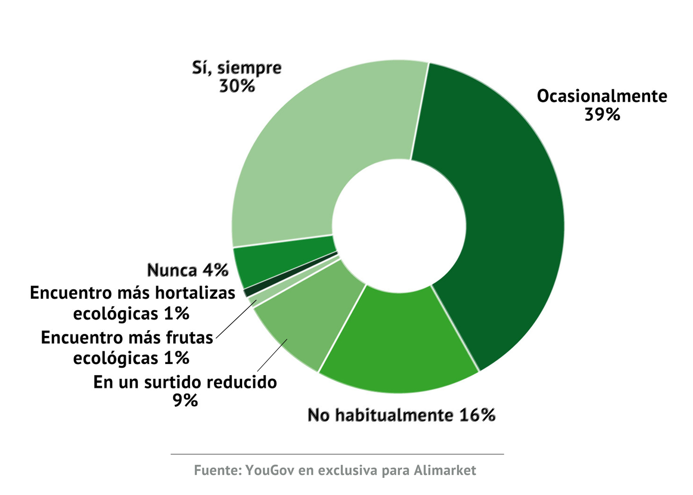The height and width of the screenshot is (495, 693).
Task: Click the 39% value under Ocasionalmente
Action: (602, 115)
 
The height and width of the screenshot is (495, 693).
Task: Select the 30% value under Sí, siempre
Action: (237, 86)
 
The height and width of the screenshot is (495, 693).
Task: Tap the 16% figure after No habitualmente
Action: (477, 415)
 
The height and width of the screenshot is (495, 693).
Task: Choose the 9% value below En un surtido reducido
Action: (185, 401)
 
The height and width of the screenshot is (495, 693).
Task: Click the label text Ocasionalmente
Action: (602, 96)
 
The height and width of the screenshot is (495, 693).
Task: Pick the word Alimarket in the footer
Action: (445, 470)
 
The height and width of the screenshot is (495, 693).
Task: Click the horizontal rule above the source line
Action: (337, 454)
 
